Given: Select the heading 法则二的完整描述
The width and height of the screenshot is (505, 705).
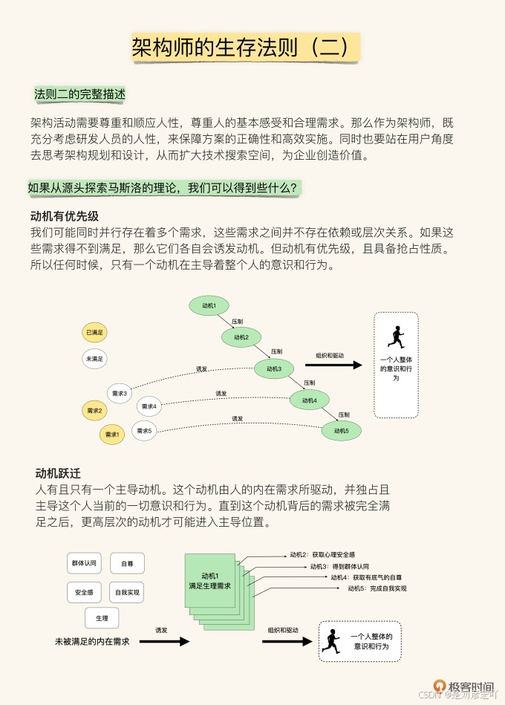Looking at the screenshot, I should point(80,95).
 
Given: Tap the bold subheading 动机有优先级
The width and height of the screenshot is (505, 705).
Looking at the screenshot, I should point(65,216).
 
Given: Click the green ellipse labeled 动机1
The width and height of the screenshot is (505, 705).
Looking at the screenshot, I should point(209,305).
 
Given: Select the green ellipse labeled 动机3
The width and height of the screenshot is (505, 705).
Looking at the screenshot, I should point(274,368).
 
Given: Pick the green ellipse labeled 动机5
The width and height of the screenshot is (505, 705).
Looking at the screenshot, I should point(341,430).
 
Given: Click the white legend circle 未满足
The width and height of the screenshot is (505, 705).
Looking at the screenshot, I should point(95,359).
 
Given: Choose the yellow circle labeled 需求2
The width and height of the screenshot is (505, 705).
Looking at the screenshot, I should point(95,410).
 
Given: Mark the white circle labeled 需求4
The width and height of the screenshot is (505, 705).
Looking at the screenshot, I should point(149,406).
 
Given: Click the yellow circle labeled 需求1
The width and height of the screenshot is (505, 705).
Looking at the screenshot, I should point(112,434).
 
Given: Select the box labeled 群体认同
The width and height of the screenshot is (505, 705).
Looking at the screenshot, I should point(84,563).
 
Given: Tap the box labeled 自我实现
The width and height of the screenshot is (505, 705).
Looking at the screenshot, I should point(126,593).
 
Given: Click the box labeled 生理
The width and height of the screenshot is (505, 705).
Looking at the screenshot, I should point(102,618).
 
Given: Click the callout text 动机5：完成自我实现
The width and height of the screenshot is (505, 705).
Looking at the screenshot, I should point(377,588).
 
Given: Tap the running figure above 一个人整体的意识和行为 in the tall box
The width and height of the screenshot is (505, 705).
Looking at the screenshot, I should point(396,338).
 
